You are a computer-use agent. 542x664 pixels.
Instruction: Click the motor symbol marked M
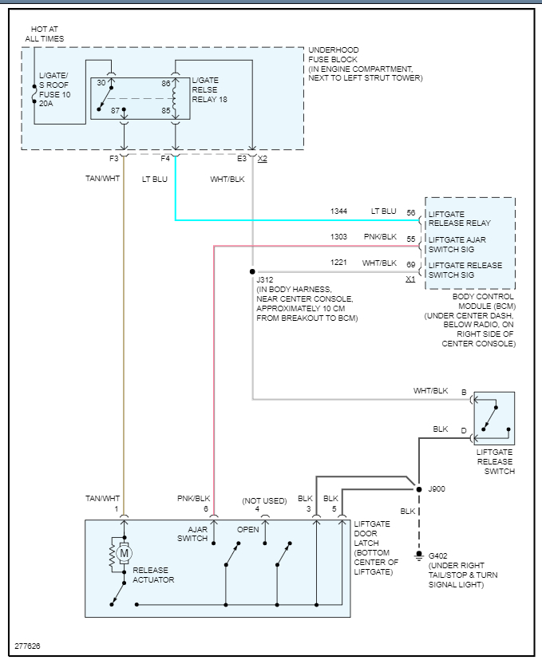click(x=123, y=551)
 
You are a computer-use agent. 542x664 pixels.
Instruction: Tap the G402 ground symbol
click(x=417, y=555)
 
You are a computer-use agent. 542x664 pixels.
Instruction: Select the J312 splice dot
click(x=252, y=271)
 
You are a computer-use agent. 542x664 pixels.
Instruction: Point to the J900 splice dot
click(x=417, y=487)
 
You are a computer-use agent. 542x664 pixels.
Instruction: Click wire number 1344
click(x=339, y=211)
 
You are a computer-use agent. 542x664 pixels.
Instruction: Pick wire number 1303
click(x=339, y=237)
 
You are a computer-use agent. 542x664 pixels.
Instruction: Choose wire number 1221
click(x=339, y=263)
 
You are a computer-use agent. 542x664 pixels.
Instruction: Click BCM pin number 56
click(x=411, y=212)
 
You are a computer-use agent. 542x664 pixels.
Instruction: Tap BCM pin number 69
click(x=411, y=263)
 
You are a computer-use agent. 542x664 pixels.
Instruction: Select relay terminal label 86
click(x=165, y=83)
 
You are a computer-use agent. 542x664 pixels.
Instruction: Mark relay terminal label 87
click(x=115, y=110)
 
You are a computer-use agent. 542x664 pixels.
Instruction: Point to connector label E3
click(x=242, y=158)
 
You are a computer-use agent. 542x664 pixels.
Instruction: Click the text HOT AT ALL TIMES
click(x=44, y=34)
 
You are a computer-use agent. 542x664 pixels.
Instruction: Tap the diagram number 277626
click(x=27, y=645)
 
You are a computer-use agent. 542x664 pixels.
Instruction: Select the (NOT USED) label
click(x=264, y=500)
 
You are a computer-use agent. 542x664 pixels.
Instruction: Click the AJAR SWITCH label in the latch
click(x=192, y=534)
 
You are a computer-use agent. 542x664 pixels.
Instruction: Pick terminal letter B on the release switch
click(x=464, y=392)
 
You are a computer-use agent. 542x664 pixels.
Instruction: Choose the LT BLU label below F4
click(x=155, y=179)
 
